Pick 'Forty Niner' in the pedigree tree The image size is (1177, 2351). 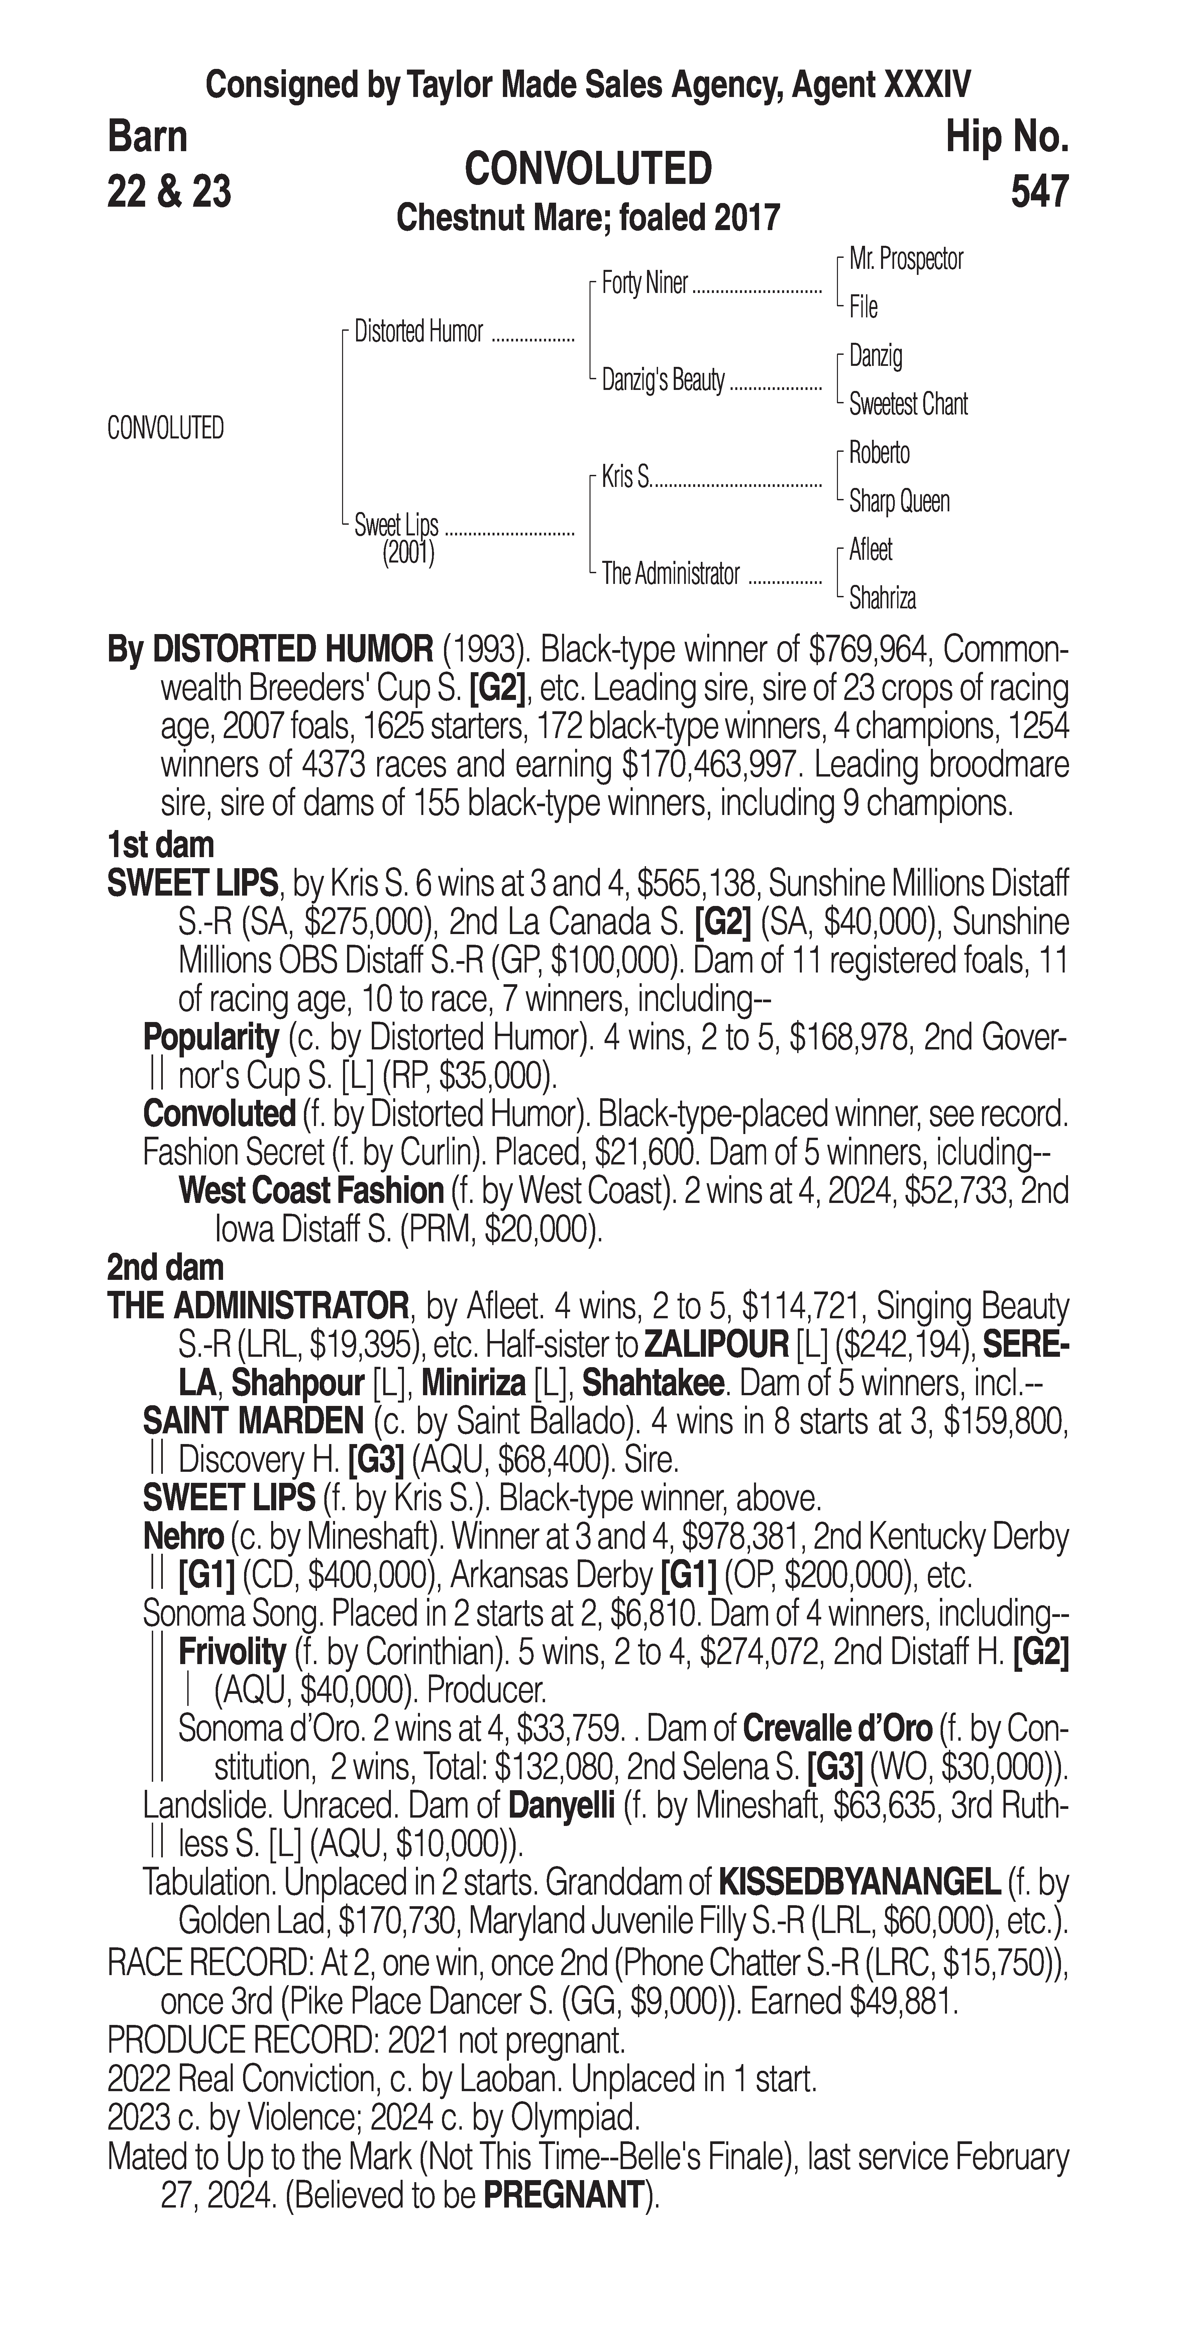point(644,284)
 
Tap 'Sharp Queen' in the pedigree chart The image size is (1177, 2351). point(899,501)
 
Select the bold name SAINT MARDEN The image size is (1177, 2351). point(253,1421)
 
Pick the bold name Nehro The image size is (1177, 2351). point(183,1537)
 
